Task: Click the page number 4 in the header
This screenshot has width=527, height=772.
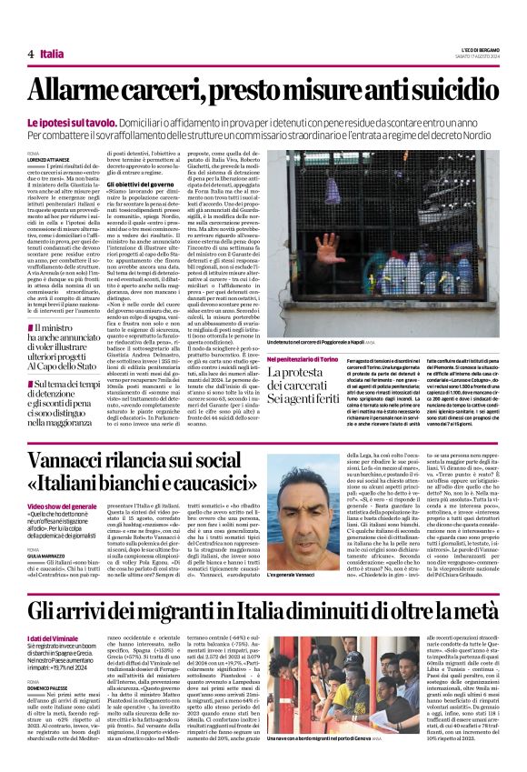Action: [x=30, y=54]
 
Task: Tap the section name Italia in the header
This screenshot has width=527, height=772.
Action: [x=52, y=54]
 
